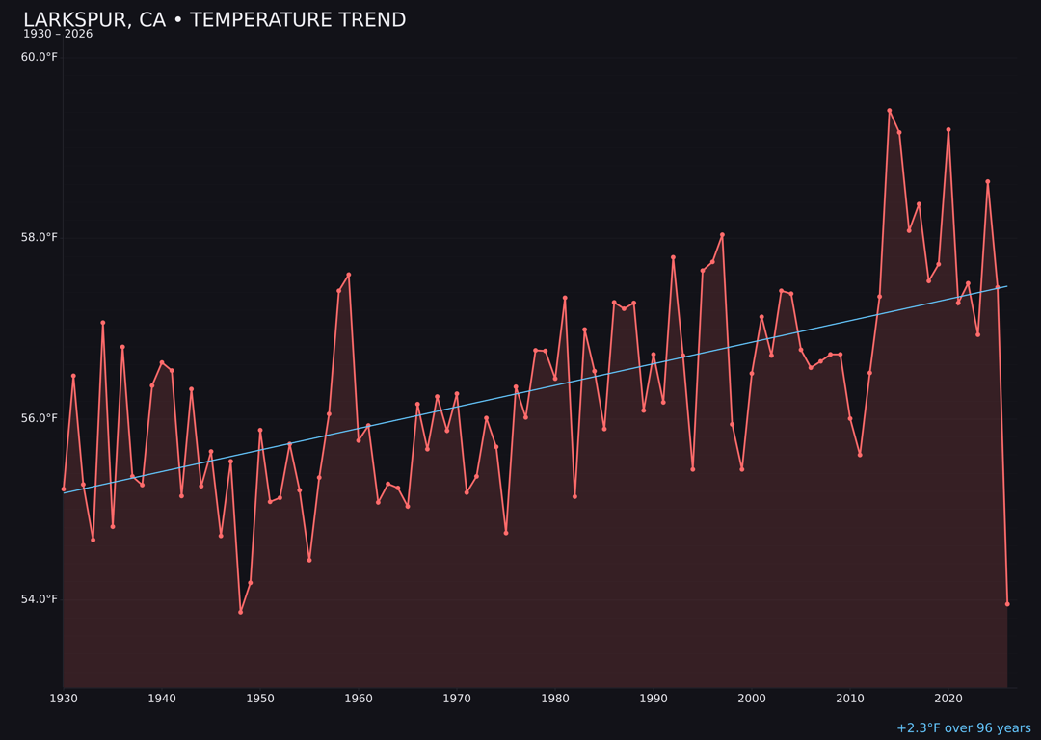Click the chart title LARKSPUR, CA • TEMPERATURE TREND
214,20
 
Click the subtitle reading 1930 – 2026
58,35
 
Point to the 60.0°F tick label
40,57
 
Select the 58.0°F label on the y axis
40,238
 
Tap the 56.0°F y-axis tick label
40,418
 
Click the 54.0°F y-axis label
40,599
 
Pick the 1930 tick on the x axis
64,699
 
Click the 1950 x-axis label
260,699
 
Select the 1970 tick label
457,699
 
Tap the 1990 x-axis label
654,699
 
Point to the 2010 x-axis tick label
850,699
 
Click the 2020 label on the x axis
948,699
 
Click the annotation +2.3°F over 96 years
963,728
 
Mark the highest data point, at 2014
890,111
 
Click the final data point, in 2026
1007,604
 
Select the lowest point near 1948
241,612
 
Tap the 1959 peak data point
349,275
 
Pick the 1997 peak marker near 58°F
722,235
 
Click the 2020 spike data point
948,129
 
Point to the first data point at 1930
64,489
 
